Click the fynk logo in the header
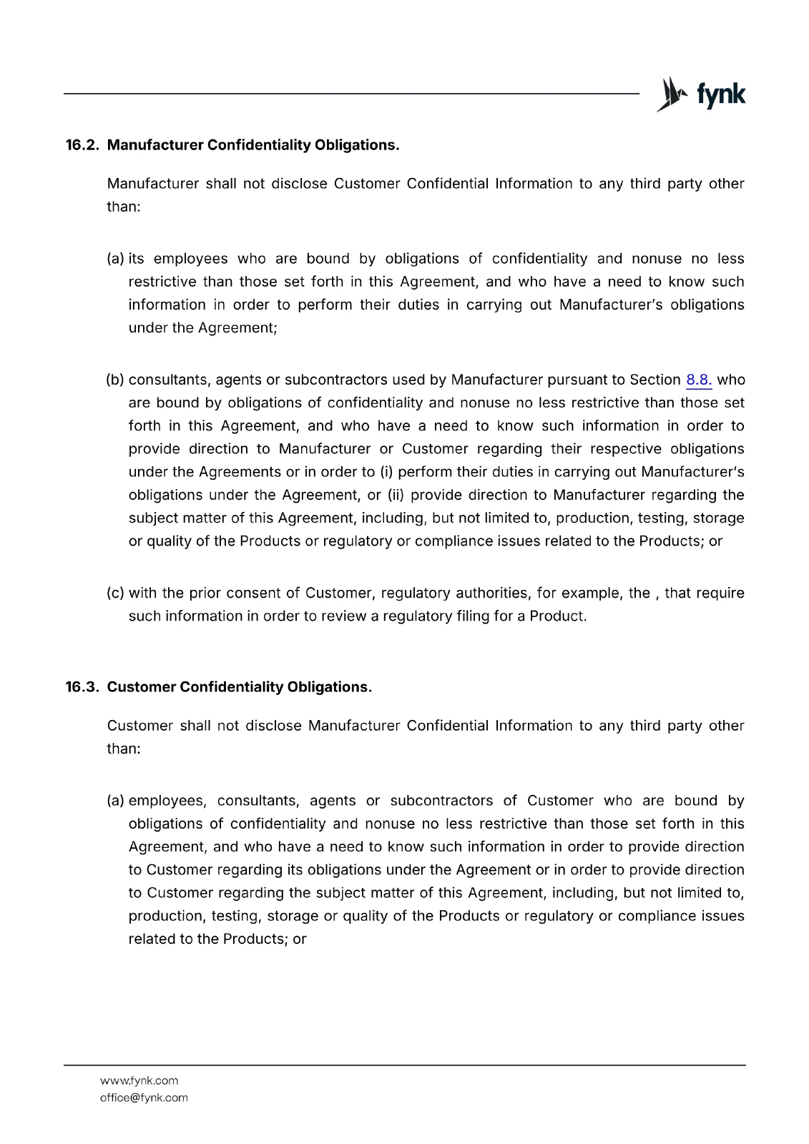701,94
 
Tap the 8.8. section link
699,380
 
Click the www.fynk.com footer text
139,1080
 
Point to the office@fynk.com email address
144,1098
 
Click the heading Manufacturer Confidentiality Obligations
253,145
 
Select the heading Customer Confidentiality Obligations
240,687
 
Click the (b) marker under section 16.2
115,380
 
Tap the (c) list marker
115,593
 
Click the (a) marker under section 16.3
115,801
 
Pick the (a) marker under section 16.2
115,259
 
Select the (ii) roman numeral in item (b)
396,495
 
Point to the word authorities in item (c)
491,593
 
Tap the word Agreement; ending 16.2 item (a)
237,327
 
